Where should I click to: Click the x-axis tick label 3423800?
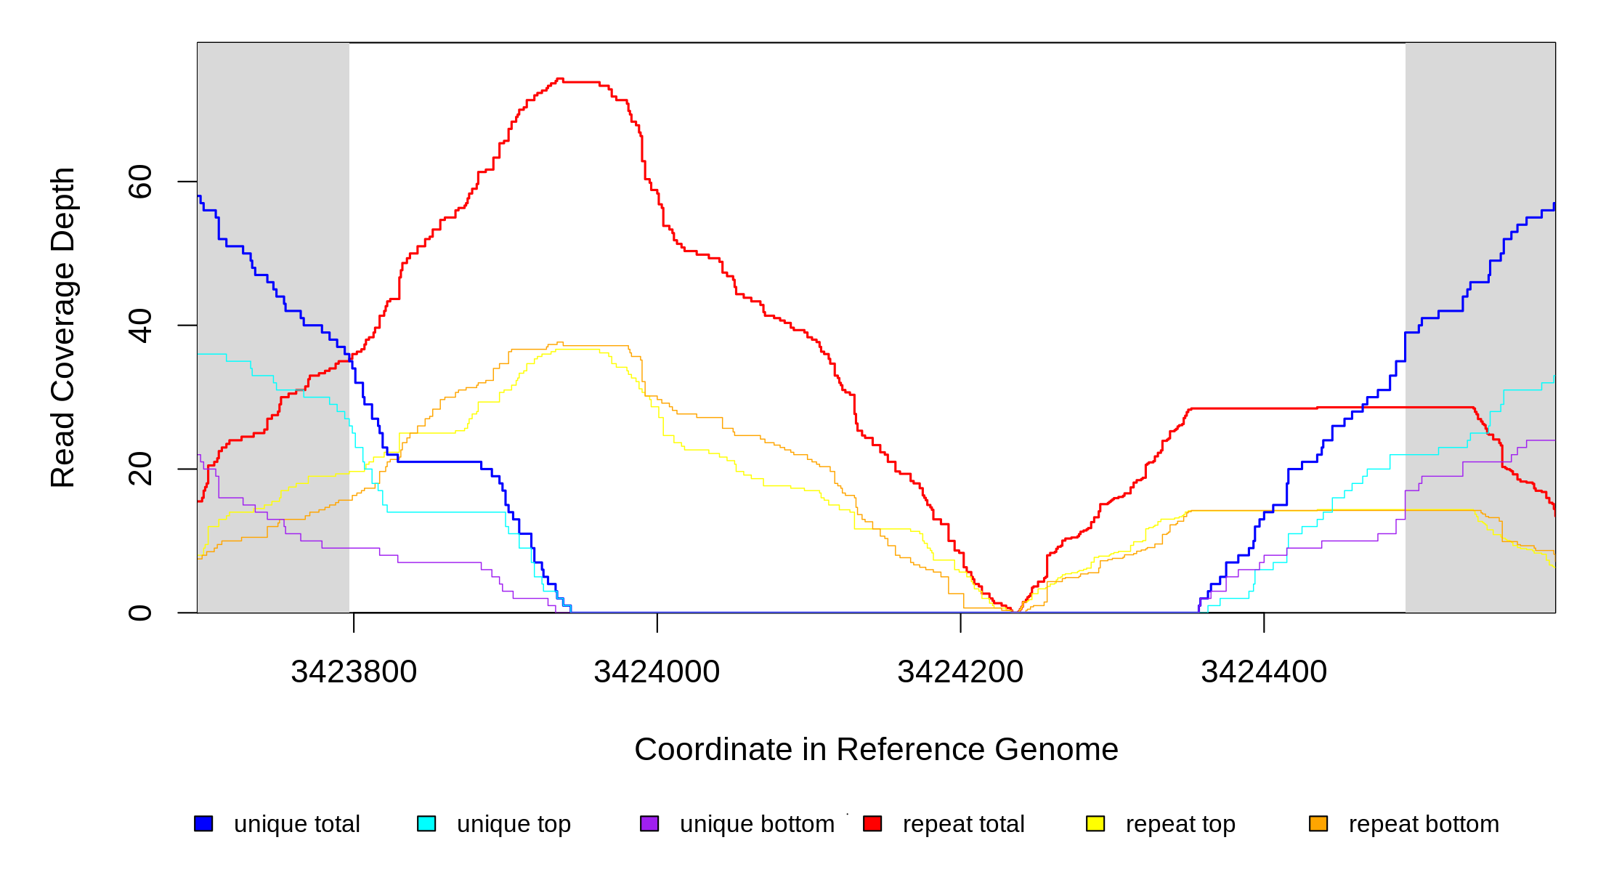point(354,672)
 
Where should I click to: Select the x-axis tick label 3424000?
point(657,672)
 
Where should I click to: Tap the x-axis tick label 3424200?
point(960,672)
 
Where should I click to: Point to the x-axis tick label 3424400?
point(1264,672)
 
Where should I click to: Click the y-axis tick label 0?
point(140,613)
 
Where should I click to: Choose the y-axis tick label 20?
point(140,469)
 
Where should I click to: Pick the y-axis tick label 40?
point(140,326)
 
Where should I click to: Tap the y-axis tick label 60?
point(140,182)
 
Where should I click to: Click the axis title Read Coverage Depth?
point(63,327)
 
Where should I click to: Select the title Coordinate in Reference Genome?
point(876,749)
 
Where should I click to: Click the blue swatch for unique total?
point(203,824)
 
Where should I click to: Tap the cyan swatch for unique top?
point(426,824)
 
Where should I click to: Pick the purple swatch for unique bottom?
point(649,824)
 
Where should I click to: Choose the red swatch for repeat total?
point(872,824)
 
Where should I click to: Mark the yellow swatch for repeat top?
point(1095,824)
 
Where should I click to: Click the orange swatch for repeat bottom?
point(1318,824)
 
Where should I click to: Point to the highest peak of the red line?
point(559,78)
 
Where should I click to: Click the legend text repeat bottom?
point(1424,824)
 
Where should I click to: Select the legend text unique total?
point(296,824)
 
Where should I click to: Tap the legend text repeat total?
point(963,824)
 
